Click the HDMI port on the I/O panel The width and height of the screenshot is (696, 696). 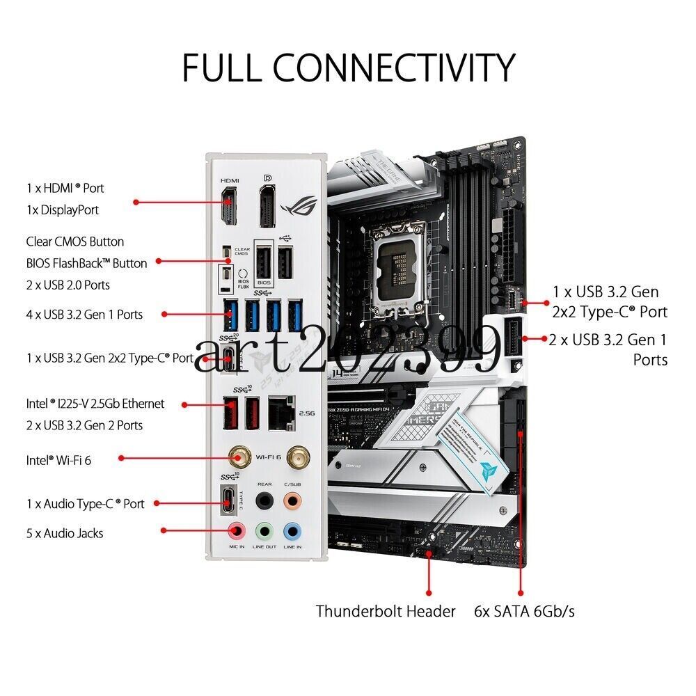pos(228,207)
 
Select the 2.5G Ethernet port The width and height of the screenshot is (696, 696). pos(282,411)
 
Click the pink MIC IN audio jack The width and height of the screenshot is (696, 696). pos(237,531)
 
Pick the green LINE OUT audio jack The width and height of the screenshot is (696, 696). pos(264,531)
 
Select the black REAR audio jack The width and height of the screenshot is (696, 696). pos(264,501)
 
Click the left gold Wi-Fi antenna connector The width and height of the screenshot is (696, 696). pos(242,457)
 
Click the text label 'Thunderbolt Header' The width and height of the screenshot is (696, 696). pos(386,612)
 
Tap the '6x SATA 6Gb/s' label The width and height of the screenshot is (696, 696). pos(524,612)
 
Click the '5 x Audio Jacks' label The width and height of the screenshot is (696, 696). pos(65,533)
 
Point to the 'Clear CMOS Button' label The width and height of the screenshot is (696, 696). pos(75,242)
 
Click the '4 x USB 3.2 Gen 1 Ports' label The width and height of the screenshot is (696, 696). pos(84,314)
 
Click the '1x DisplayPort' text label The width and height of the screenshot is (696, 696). pos(63,209)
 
